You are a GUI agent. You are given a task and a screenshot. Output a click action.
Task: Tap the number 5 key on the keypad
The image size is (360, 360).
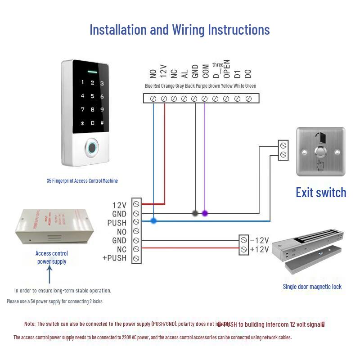coord(93,96)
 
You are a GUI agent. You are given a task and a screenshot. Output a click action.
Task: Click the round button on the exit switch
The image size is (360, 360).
coord(320,152)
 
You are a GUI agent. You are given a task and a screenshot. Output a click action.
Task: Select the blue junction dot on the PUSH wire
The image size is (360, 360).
coord(153,221)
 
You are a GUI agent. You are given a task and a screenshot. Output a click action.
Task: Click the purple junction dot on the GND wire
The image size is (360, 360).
coord(205,213)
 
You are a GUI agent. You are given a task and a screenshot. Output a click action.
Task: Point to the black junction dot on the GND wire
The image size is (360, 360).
coord(195,213)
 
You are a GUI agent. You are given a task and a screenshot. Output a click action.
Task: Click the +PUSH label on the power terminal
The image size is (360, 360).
coord(115,258)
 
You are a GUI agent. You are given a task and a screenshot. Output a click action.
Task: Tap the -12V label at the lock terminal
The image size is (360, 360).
coord(259,240)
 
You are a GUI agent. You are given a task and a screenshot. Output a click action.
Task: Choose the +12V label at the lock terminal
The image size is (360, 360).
coord(259,249)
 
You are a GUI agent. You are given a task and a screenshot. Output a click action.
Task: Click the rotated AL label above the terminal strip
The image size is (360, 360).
coord(184,73)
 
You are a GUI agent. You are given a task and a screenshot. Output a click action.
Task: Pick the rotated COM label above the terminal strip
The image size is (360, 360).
coord(205,72)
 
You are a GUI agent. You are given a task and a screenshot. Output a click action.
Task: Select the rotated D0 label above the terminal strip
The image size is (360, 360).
coord(247,73)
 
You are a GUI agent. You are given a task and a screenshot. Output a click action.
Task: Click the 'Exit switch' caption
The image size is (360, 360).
coord(321,193)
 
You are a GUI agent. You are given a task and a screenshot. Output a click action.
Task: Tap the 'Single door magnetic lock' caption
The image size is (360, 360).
coord(312,287)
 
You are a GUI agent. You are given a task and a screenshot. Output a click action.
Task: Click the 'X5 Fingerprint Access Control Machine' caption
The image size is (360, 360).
coord(82,181)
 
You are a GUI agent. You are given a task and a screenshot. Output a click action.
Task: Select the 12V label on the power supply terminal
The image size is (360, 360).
coord(119,205)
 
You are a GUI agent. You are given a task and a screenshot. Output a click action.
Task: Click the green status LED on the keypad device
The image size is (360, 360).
coord(93,72)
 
